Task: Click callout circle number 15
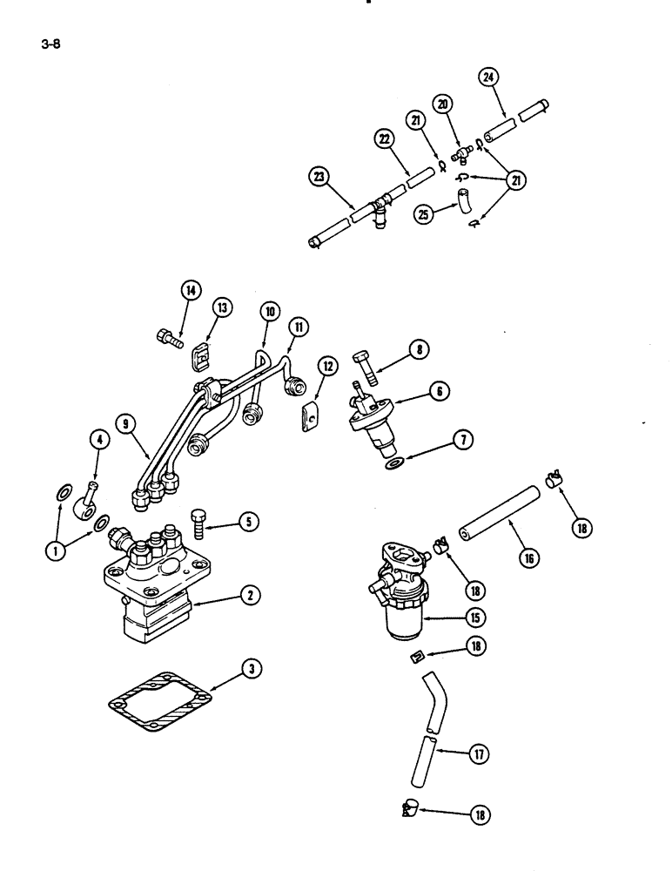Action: click(x=475, y=617)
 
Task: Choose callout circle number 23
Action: click(x=320, y=179)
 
